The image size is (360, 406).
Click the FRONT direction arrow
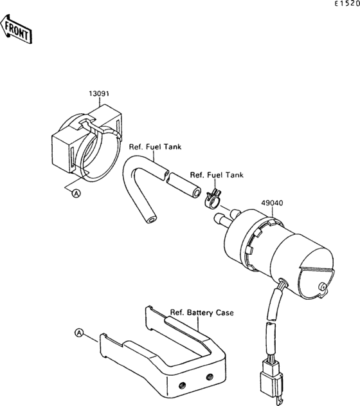17,30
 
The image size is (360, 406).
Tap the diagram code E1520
346,5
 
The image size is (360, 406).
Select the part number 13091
98,94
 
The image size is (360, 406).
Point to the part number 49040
271,201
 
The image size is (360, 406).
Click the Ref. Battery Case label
201,313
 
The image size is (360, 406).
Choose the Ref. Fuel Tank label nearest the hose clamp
217,175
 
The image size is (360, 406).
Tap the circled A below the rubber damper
76,193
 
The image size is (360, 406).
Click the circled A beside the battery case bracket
79,333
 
